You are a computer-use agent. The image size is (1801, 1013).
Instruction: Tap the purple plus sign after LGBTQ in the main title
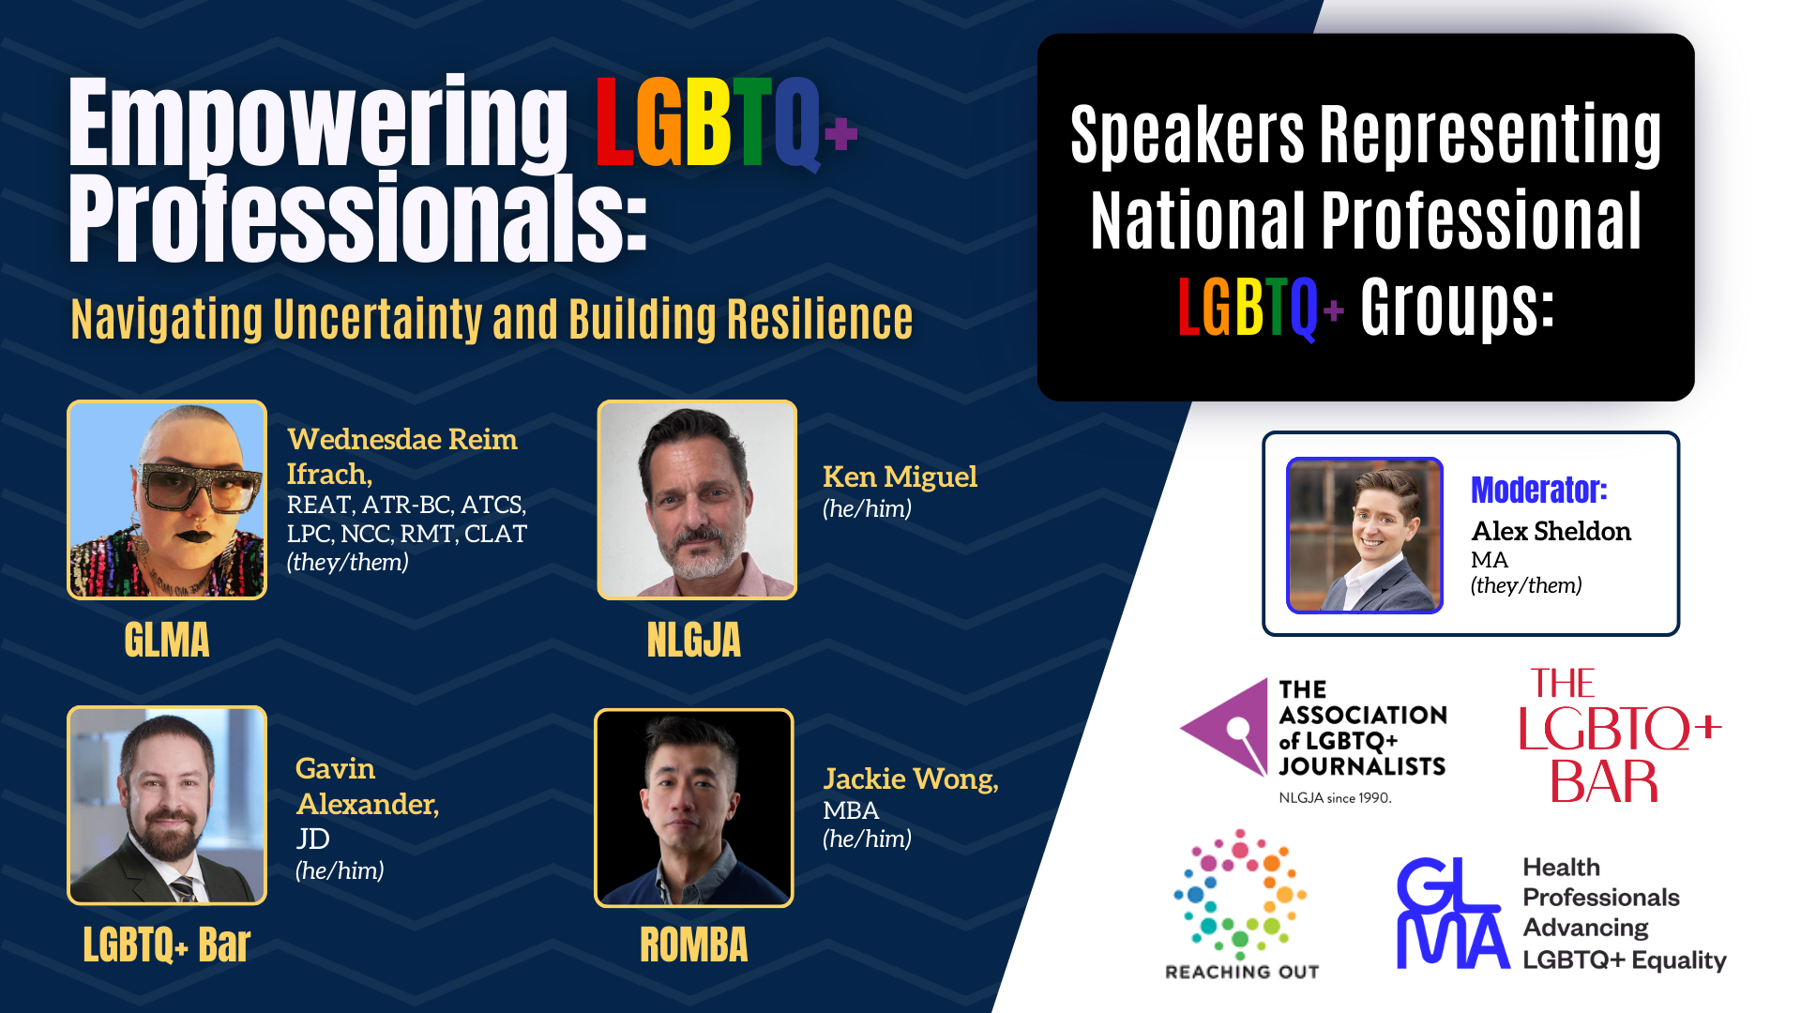click(x=841, y=133)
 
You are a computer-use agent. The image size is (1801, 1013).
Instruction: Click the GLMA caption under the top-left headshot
click(x=167, y=641)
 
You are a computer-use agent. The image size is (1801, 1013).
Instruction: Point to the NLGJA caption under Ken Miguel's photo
click(x=694, y=641)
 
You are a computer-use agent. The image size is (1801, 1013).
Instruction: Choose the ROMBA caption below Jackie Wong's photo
click(x=694, y=945)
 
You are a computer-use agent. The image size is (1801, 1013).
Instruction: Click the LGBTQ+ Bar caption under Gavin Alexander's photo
click(x=167, y=945)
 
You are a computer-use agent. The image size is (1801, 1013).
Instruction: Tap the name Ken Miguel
click(x=900, y=476)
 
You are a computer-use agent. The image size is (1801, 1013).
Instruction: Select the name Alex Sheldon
click(x=1551, y=531)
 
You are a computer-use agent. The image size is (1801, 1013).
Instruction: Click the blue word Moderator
click(x=1538, y=490)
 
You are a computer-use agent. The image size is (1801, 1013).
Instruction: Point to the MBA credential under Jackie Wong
click(x=851, y=810)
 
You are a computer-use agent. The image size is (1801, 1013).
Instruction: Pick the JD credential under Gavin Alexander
click(x=313, y=839)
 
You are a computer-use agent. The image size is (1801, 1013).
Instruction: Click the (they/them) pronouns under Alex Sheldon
click(x=1526, y=586)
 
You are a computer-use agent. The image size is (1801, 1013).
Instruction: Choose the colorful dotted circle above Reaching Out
click(x=1240, y=890)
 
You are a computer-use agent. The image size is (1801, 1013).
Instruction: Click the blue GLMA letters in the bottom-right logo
click(x=1452, y=913)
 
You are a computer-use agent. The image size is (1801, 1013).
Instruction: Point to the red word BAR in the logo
click(x=1604, y=781)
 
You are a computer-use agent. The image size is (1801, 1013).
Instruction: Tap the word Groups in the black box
click(x=1458, y=306)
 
